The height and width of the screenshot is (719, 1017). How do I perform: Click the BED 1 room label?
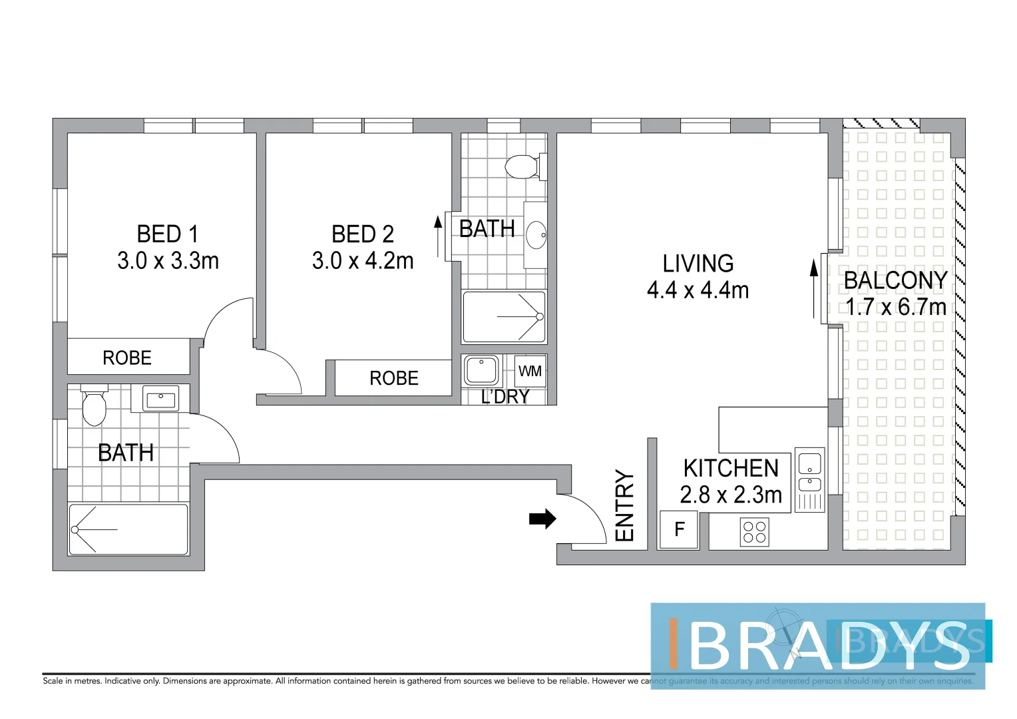[168, 234]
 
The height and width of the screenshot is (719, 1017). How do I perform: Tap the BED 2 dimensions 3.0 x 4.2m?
[363, 260]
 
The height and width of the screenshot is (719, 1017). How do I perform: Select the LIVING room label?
[698, 264]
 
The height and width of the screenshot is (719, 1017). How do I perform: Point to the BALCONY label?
[895, 280]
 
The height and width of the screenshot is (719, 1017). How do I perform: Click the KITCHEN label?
[731, 468]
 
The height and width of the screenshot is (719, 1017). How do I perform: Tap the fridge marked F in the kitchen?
[679, 529]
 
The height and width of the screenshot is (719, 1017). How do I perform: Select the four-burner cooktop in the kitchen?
[755, 532]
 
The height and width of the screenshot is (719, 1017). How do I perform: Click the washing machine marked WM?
[530, 371]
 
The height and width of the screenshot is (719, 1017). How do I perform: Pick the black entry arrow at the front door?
[542, 519]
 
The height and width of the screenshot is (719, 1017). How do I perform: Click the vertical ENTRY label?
[624, 505]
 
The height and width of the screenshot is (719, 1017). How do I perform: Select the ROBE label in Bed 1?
[127, 358]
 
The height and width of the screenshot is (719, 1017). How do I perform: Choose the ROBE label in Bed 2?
[394, 378]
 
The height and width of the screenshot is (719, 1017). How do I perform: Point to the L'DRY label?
[505, 397]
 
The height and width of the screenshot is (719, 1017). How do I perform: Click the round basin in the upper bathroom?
[536, 235]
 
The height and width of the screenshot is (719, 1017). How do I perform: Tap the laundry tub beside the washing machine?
[481, 370]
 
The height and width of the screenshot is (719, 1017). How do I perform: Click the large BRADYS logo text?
[829, 645]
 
